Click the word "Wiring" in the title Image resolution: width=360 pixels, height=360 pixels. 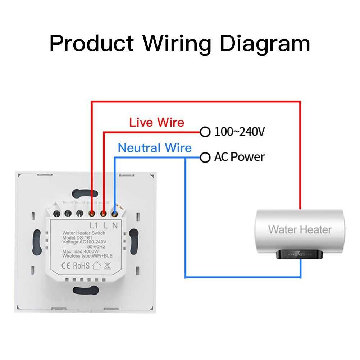pyautogui.click(x=177, y=44)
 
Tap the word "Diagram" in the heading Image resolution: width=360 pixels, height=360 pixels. pyautogui.click(x=265, y=44)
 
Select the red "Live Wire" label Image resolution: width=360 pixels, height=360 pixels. pyautogui.click(x=157, y=122)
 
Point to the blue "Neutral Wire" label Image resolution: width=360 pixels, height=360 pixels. pyautogui.click(x=155, y=148)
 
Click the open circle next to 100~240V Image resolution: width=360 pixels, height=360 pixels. pyautogui.click(x=205, y=132)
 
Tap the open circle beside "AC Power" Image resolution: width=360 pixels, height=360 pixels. pyautogui.click(x=205, y=157)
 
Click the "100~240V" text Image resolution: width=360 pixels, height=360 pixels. pyautogui.click(x=240, y=132)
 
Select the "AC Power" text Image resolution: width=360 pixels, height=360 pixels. pyautogui.click(x=239, y=157)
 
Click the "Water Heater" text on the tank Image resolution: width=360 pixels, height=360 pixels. pyautogui.click(x=300, y=229)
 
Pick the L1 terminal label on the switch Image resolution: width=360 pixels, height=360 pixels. pyautogui.click(x=94, y=226)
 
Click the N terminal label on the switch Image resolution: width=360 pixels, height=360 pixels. pyautogui.click(x=115, y=226)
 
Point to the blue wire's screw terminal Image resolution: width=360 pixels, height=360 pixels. pyautogui.click(x=115, y=214)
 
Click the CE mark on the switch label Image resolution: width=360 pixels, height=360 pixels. pyautogui.click(x=67, y=266)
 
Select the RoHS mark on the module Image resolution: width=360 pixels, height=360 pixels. pyautogui.click(x=81, y=266)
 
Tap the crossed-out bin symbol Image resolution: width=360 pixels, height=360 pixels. pyautogui.click(x=107, y=266)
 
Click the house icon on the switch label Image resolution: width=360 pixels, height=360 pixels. pyautogui.click(x=96, y=266)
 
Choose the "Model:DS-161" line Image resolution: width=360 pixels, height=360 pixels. pyautogui.click(x=75, y=238)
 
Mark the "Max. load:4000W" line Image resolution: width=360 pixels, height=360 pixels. pyautogui.click(x=77, y=251)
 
